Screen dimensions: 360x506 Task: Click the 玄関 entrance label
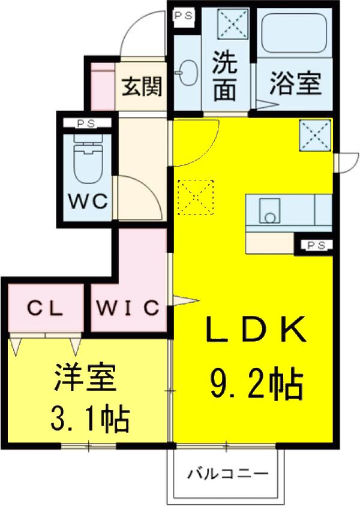[x=142, y=86]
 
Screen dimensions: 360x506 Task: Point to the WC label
[x=88, y=201]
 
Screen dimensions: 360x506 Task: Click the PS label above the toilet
[x=87, y=124]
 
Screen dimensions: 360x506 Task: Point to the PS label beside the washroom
[x=184, y=16]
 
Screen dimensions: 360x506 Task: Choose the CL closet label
[x=44, y=308]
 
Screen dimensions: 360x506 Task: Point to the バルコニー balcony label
[x=228, y=474]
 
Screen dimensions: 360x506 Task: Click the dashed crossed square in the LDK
[x=196, y=197]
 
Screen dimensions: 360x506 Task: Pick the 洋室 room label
[x=85, y=377]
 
